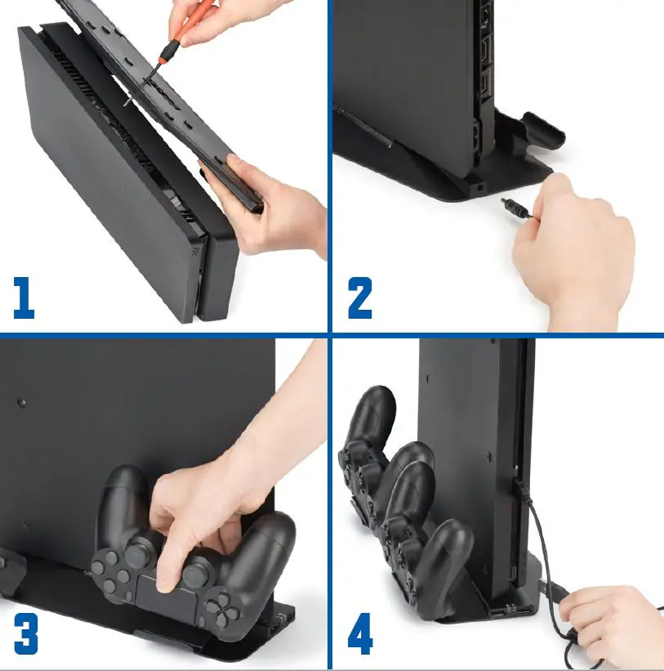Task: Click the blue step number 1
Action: (x=24, y=297)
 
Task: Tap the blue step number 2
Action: (x=360, y=297)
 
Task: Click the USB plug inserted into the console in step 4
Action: (x=519, y=489)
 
